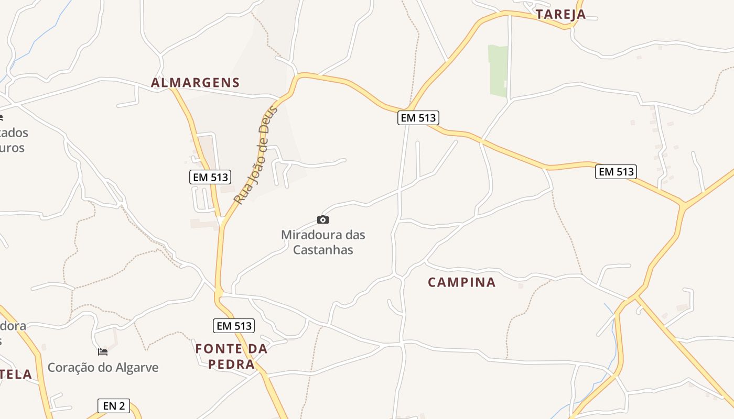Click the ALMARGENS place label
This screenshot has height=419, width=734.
[x=195, y=83]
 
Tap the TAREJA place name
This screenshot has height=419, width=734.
[x=560, y=15]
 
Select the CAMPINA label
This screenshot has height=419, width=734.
[x=461, y=282]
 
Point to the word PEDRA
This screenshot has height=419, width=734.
[x=231, y=364]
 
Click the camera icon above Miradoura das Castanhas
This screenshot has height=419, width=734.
[x=323, y=219]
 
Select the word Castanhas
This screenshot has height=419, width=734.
[x=323, y=250]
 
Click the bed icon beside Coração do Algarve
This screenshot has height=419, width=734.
[x=103, y=352]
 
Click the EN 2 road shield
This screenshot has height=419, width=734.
[x=114, y=405]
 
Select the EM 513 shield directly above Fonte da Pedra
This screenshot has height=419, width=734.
[x=234, y=326]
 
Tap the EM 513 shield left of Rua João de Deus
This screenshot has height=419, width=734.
[x=210, y=177]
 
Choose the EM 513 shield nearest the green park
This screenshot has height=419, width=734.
[x=418, y=118]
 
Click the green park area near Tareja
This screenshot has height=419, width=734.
[x=498, y=71]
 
